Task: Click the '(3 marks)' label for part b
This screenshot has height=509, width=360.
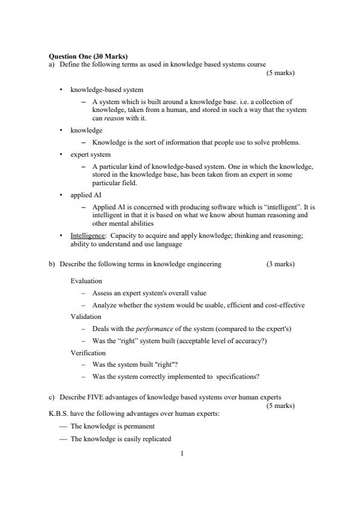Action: (x=280, y=264)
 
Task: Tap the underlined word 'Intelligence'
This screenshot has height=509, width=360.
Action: (x=87, y=237)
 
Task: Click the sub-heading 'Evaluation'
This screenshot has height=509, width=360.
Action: (x=86, y=281)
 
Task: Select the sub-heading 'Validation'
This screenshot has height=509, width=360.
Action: (x=86, y=317)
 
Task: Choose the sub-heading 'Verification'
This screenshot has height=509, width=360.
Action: (x=88, y=352)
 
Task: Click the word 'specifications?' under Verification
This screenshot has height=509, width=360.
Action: (x=238, y=376)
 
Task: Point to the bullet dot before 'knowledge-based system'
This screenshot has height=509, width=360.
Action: (x=61, y=90)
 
